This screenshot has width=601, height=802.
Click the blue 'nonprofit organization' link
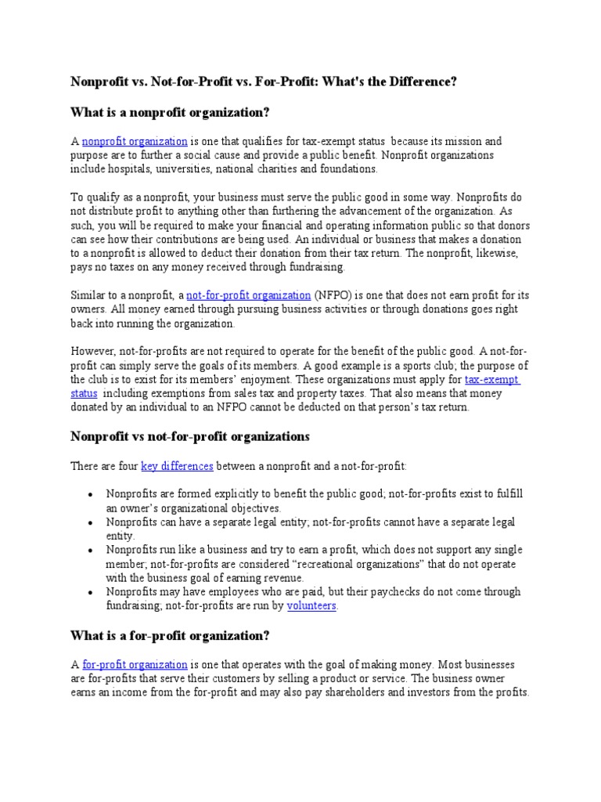point(135,142)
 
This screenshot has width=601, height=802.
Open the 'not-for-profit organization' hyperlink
point(248,295)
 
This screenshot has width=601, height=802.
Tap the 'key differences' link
point(177,466)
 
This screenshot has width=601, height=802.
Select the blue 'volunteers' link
point(311,606)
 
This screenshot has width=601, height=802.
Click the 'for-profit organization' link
point(135,665)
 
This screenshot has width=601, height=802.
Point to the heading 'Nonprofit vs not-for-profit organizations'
point(190,436)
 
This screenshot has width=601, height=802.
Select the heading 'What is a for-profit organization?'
point(170,635)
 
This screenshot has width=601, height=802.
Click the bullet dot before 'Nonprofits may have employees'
point(91,593)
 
